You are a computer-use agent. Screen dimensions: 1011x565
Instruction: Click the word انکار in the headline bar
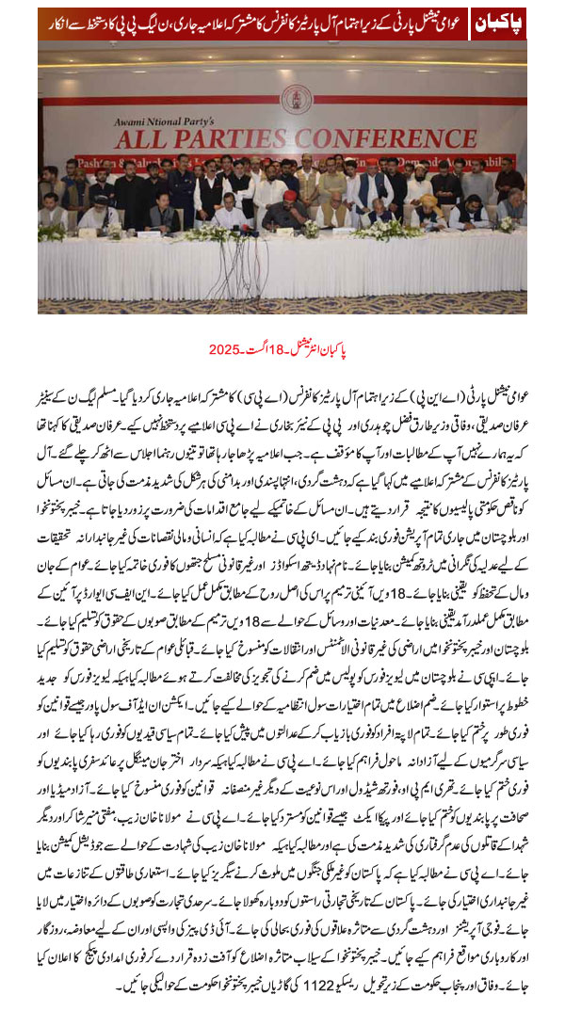click(58, 22)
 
